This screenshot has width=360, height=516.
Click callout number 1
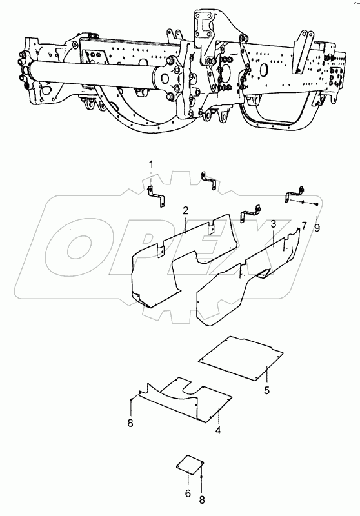[151, 164]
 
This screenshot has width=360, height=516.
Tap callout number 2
[186, 210]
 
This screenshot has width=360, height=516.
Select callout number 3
[273, 224]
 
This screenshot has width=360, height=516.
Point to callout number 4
[218, 430]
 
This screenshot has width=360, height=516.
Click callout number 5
[266, 390]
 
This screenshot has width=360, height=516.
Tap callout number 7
[304, 226]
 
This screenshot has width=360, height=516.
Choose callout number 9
[317, 228]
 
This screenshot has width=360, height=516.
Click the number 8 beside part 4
[130, 423]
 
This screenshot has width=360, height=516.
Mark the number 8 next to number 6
[202, 501]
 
